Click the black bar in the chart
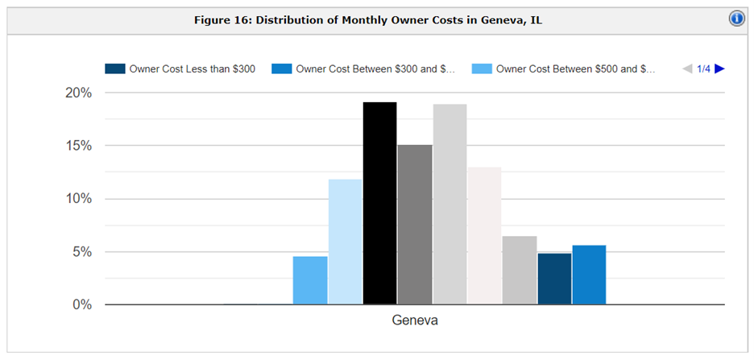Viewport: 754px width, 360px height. [380, 203]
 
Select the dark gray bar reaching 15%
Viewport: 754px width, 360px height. [415, 225]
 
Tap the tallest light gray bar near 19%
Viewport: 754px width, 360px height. [449, 205]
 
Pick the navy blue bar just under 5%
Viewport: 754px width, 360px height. [554, 279]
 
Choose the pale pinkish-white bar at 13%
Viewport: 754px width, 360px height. [485, 235]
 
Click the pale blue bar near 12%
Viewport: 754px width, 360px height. [346, 242]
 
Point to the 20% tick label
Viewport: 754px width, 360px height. [78, 93]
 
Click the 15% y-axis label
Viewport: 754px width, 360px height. [78, 146]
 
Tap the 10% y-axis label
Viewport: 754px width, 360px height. [78, 198]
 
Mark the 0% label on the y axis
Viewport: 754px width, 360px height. [81, 304]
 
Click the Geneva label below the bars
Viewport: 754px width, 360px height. [415, 321]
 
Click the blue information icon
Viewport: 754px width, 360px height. [737, 19]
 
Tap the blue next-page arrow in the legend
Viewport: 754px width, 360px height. [719, 68]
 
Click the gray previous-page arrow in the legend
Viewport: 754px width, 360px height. [687, 68]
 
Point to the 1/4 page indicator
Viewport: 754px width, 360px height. [703, 68]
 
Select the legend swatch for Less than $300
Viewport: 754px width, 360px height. [115, 68]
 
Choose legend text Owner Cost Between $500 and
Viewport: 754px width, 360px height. [568, 68]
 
